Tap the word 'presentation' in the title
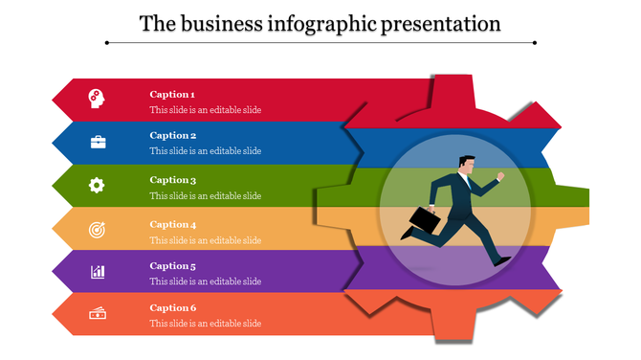click(441, 23)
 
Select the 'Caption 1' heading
click(172, 94)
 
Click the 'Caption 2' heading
click(172, 135)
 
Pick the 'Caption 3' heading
click(172, 180)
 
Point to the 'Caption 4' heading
click(172, 224)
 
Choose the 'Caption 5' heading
click(172, 266)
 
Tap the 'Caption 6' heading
click(172, 307)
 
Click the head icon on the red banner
click(97, 98)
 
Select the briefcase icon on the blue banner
click(98, 142)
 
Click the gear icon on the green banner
click(97, 185)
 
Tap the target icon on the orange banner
click(97, 229)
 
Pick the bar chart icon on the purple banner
click(98, 272)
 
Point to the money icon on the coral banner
click(98, 313)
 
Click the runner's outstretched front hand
click(500, 176)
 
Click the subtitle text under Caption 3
click(205, 195)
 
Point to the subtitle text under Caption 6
click(205, 323)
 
